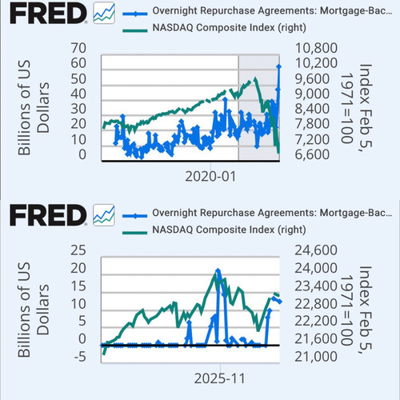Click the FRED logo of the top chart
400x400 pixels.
pos(48,14)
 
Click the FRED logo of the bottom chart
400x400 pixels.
pos(48,215)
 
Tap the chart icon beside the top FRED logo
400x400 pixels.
pos(104,14)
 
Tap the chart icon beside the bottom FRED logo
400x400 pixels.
pos(104,215)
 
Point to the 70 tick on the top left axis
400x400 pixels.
pos(78,48)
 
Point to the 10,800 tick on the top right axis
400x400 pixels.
pos(316,48)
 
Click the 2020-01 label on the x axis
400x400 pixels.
pos(210,177)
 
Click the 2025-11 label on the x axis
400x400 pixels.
pos(220,378)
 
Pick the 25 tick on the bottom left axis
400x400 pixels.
pos(78,250)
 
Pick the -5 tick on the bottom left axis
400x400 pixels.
pos(80,357)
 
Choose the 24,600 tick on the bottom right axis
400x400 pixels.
pos(316,250)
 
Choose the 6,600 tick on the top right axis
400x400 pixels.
pos(312,154)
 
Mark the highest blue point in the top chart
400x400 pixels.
pos(279,66)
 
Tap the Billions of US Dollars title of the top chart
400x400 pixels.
pos(34,108)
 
